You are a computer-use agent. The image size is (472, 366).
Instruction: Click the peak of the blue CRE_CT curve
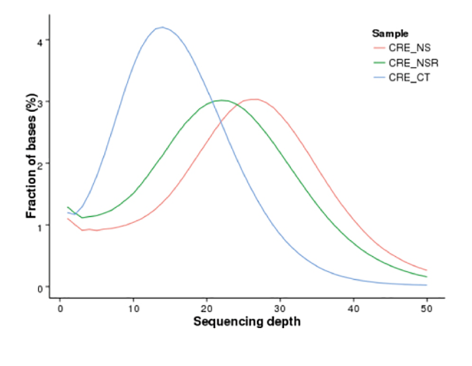click(162, 27)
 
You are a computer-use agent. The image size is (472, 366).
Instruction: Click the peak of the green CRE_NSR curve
click(221, 100)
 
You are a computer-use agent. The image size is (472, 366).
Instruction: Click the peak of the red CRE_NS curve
click(254, 99)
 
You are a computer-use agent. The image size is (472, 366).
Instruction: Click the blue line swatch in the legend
click(379, 77)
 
